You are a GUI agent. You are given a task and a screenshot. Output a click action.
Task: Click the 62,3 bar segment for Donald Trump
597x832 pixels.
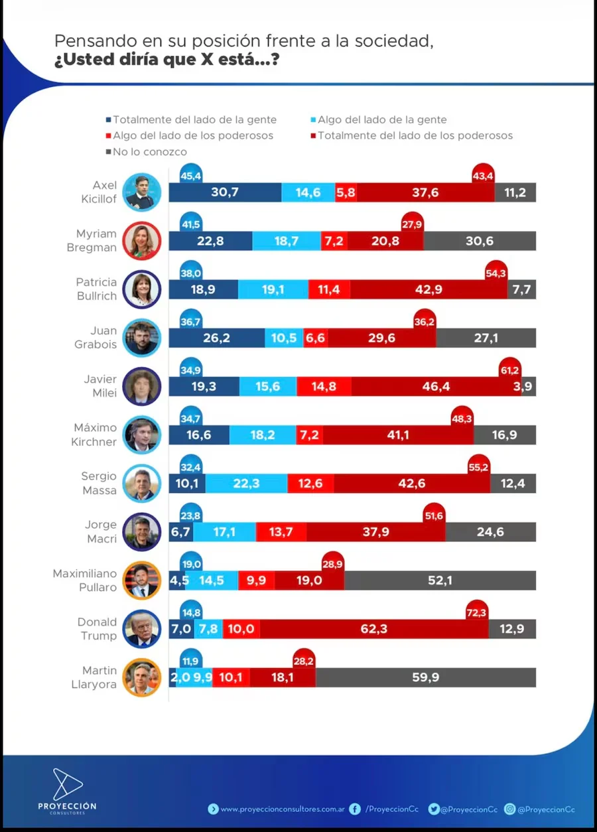pyautogui.click(x=373, y=629)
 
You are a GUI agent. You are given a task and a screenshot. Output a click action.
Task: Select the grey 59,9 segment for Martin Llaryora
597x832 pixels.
pyautogui.click(x=425, y=677)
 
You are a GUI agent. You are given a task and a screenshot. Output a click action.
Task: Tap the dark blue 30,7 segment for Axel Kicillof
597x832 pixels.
pyautogui.click(x=225, y=192)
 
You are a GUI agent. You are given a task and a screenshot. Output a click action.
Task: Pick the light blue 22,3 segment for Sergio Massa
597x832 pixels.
pyautogui.click(x=246, y=483)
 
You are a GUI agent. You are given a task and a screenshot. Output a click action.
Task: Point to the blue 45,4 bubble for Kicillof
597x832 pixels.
pyautogui.click(x=191, y=175)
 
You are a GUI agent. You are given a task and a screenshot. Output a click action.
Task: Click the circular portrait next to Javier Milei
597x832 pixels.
pyautogui.click(x=142, y=386)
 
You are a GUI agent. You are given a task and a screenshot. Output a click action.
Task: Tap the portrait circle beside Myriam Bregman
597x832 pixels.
pyautogui.click(x=142, y=241)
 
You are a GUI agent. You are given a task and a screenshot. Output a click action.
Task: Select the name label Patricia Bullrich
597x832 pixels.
pyautogui.click(x=97, y=289)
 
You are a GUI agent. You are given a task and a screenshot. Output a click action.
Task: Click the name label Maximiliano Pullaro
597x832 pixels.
pyautogui.click(x=85, y=580)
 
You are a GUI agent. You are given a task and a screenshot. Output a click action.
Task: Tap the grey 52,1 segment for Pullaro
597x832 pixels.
pyautogui.click(x=440, y=581)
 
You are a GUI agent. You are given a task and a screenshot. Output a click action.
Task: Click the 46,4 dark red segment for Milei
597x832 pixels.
pyautogui.click(x=436, y=386)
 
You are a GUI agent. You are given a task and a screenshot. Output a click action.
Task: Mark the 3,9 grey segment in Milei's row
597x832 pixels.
pyautogui.click(x=528, y=386)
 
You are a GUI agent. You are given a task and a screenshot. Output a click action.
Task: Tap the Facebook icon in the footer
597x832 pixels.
pyautogui.click(x=355, y=809)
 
